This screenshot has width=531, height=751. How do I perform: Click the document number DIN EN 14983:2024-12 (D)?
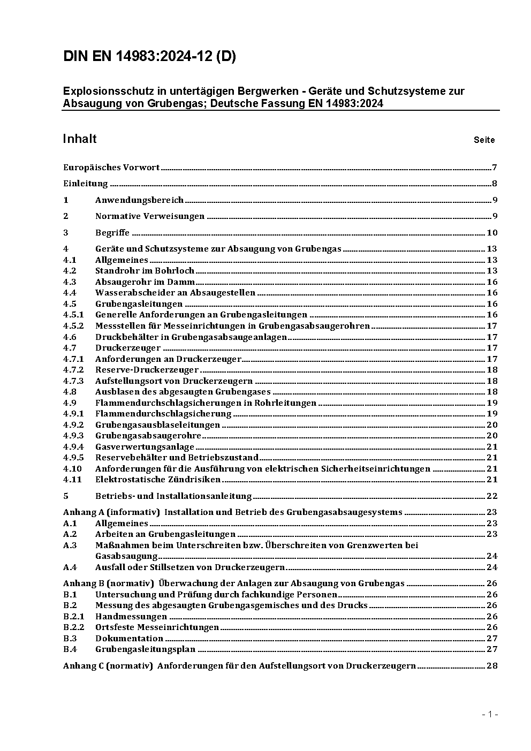point(149,57)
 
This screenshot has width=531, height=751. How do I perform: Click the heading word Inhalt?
point(79,139)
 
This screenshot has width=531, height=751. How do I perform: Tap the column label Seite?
point(484,140)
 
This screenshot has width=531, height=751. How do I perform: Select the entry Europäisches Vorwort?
point(111,168)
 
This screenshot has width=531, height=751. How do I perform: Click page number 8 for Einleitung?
point(495,184)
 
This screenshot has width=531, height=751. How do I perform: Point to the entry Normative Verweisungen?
point(150,216)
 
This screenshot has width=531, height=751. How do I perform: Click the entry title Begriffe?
point(112,233)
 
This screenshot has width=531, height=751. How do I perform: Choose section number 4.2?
point(70,271)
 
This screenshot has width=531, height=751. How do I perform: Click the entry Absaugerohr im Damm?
point(145,282)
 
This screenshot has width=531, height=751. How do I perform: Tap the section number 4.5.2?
point(73,326)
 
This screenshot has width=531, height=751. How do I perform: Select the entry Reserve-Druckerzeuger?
point(147,370)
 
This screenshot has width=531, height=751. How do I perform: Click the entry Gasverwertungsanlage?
point(145,447)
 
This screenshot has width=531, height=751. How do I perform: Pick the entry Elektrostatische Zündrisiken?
point(158,480)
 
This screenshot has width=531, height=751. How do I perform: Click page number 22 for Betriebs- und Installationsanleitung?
point(492,496)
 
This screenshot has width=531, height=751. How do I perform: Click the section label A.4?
point(70,567)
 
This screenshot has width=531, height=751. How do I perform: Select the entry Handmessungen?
point(131,617)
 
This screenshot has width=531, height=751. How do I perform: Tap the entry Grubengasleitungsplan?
point(145,649)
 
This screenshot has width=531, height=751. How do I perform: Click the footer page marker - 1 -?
point(490,714)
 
